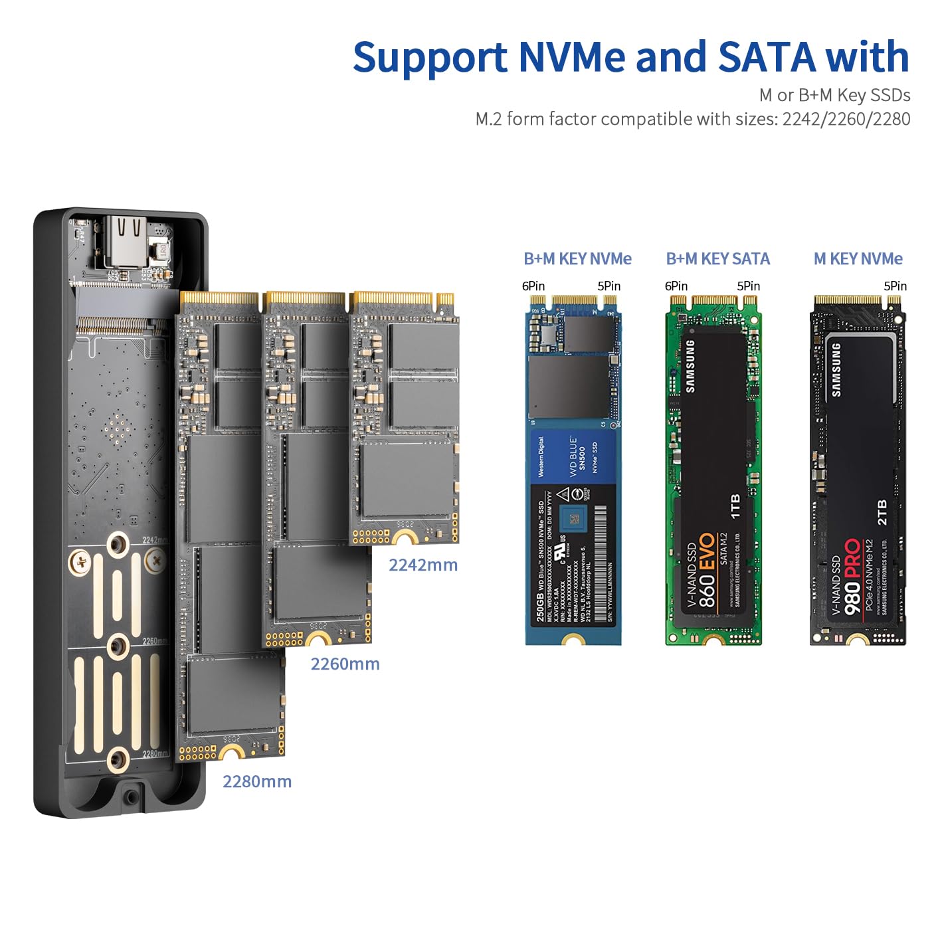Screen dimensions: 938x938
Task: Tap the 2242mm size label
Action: click(x=423, y=565)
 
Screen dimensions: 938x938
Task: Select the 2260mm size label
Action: click(x=345, y=664)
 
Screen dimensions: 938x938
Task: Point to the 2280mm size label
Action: click(x=257, y=781)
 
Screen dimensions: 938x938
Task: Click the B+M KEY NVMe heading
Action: click(x=577, y=258)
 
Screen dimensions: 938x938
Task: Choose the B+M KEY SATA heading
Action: click(x=717, y=258)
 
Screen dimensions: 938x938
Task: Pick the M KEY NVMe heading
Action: click(x=858, y=258)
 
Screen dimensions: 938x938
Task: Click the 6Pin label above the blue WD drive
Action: click(x=533, y=286)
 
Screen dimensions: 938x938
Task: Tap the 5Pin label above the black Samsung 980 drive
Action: click(x=895, y=286)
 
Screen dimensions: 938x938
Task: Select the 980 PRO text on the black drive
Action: click(x=852, y=577)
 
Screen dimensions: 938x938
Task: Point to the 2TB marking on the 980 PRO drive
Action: click(x=882, y=513)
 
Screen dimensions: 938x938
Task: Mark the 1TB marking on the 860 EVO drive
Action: click(x=735, y=506)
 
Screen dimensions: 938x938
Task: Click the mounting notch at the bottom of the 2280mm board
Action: click(x=232, y=753)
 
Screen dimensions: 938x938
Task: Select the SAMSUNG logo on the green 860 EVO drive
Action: click(x=690, y=366)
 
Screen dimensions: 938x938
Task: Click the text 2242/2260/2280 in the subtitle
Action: click(x=846, y=119)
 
